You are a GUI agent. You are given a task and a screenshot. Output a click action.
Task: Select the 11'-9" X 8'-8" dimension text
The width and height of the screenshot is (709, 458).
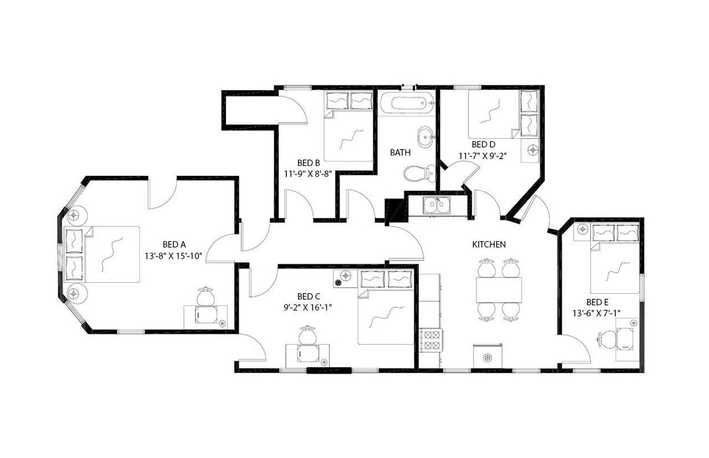coord(308,173)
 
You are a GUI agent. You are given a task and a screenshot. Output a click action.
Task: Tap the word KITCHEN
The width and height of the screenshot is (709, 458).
coord(489,244)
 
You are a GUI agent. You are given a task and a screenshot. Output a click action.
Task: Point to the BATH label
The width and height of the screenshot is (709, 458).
coord(400,152)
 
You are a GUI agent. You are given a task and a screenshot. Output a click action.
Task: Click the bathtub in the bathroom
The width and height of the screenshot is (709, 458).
coord(406,103)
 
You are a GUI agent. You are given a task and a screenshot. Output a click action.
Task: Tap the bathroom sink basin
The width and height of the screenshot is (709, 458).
coord(425,137)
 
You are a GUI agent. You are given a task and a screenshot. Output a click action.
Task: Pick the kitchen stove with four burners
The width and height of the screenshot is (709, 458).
coord(430,339)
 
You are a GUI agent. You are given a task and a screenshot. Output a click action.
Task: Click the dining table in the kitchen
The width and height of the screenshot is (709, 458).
coord(499,289)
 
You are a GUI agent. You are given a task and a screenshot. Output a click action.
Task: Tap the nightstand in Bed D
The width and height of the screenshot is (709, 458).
coord(533,149)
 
